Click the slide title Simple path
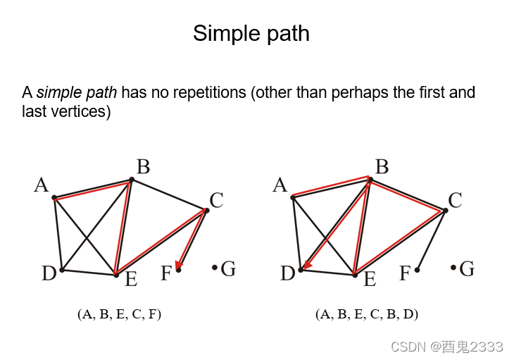pyautogui.click(x=251, y=33)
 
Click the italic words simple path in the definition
pyautogui.click(x=77, y=92)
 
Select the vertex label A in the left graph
pyautogui.click(x=42, y=185)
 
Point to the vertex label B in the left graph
pyautogui.click(x=143, y=167)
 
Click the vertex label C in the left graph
pyautogui.click(x=216, y=200)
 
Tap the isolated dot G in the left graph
pyautogui.click(x=215, y=267)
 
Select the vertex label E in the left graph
pyautogui.click(x=131, y=280)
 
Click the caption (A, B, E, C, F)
pyautogui.click(x=120, y=315)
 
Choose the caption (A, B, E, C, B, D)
pyautogui.click(x=367, y=315)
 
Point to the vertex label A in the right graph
pyautogui.click(x=280, y=185)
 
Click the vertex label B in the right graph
pyautogui.click(x=382, y=167)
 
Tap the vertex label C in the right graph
pyautogui.click(x=455, y=200)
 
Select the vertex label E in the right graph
pyautogui.click(x=370, y=280)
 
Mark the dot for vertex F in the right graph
pyautogui.click(x=418, y=269)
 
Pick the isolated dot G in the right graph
pyautogui.click(x=453, y=267)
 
